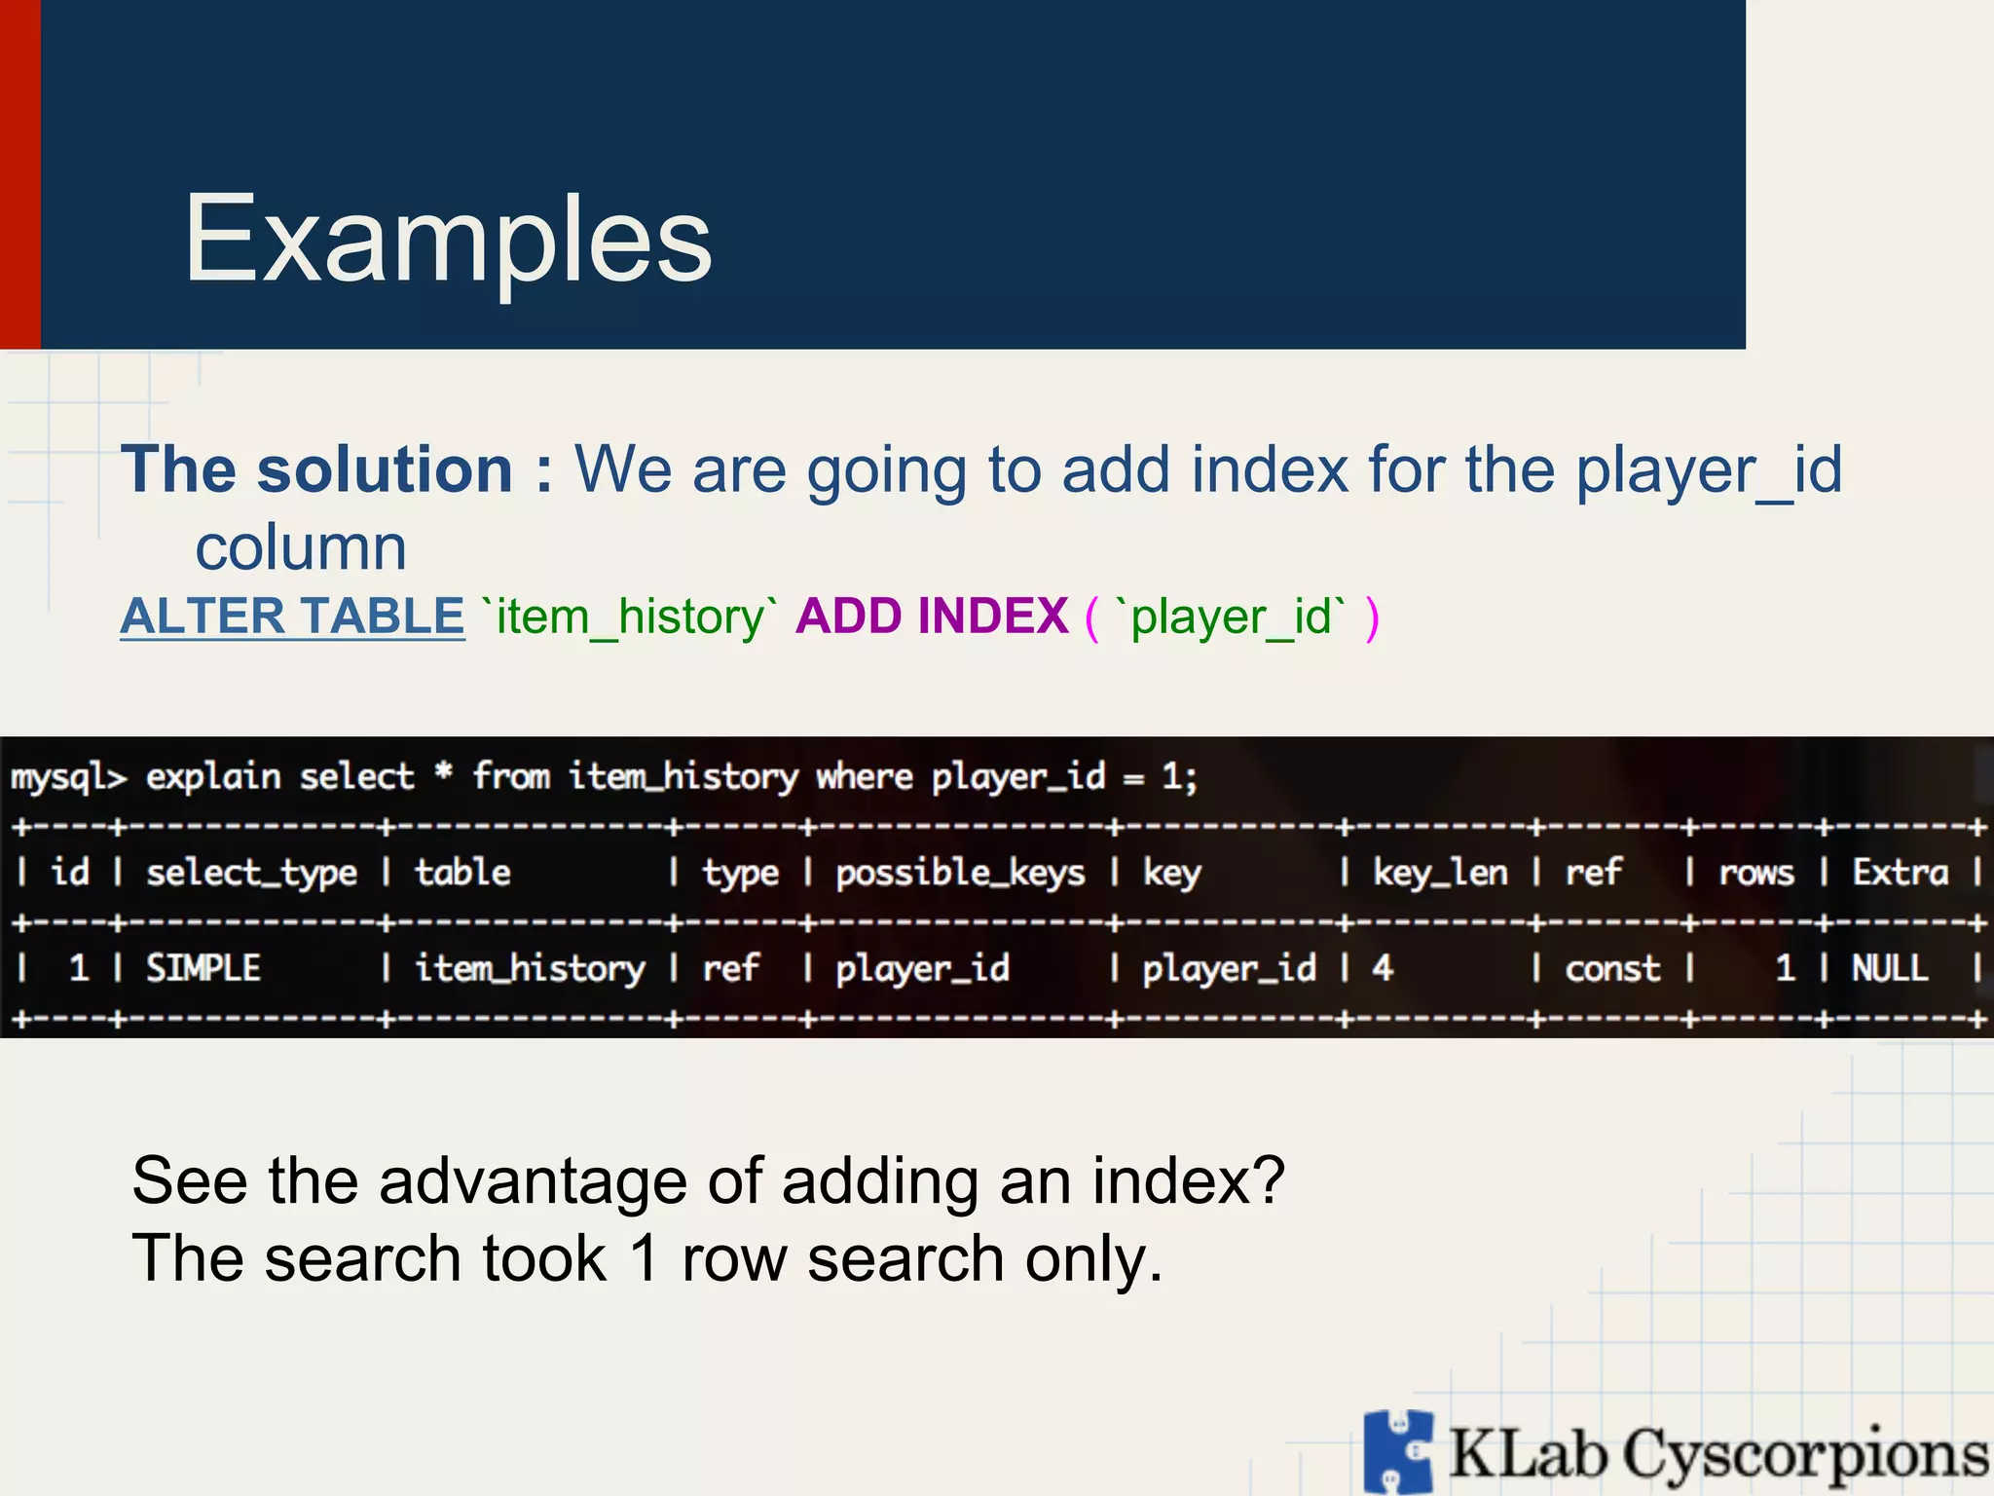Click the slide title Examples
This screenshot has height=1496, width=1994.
(448, 240)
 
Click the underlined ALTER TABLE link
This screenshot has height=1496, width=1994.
(292, 617)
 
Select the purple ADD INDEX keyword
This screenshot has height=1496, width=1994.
(932, 617)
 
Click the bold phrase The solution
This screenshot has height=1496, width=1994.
(316, 469)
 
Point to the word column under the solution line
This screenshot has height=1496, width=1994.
(301, 547)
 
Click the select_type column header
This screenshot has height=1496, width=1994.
(251, 873)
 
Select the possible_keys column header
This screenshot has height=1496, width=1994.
(960, 873)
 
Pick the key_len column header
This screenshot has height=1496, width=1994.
(1439, 873)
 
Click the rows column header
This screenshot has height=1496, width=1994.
(1755, 873)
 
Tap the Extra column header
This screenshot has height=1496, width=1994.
(1900, 873)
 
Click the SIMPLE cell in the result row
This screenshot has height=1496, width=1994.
(203, 968)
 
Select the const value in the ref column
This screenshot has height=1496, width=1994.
(1611, 968)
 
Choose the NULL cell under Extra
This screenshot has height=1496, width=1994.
(1889, 968)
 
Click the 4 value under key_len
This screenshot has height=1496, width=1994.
(1383, 968)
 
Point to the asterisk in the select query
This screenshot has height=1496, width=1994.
(444, 773)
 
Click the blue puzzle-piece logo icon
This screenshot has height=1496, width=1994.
(1398, 1452)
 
